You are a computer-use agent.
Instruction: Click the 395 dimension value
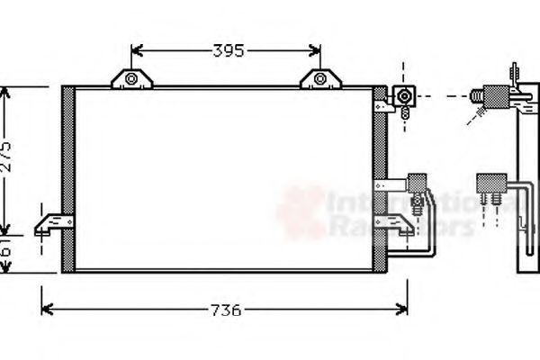click(x=228, y=51)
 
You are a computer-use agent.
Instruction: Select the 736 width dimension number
click(x=226, y=310)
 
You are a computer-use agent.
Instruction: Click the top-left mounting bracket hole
click(x=131, y=80)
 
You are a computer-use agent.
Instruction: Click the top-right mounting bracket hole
click(x=320, y=80)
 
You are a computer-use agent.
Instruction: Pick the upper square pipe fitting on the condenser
click(x=406, y=94)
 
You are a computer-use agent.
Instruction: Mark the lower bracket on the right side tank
click(x=396, y=224)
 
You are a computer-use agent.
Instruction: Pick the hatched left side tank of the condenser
click(x=67, y=178)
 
